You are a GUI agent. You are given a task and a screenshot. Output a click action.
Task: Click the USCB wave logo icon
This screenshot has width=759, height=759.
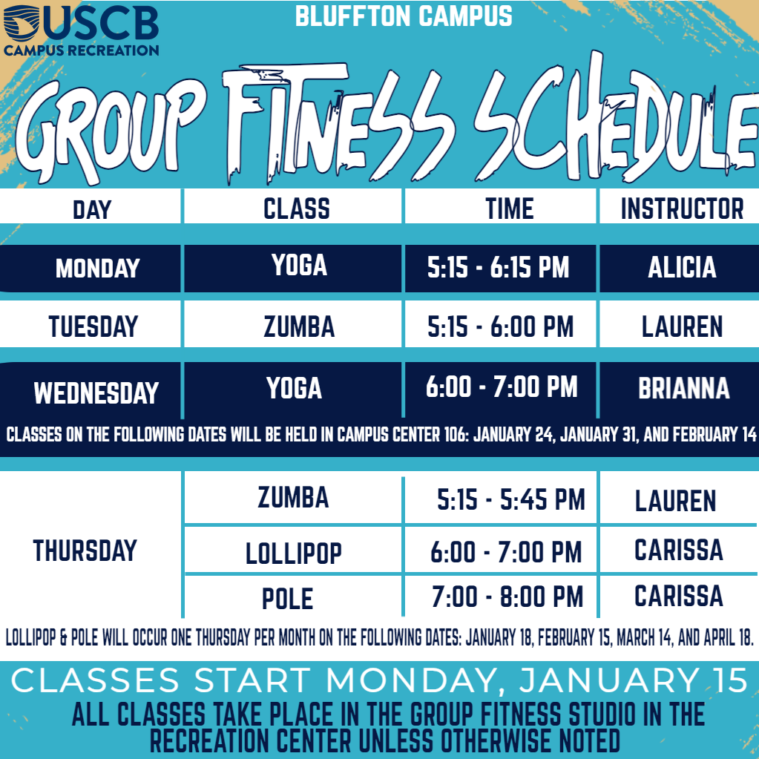pos(22,22)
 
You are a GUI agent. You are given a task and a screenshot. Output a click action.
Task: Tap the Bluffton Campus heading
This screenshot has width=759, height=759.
pos(404,16)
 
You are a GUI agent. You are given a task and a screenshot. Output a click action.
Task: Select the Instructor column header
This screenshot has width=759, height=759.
pos(682,208)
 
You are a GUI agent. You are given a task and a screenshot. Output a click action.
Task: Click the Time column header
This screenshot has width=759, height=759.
pos(509,208)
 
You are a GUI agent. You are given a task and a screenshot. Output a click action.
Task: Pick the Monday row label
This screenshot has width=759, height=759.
pos(97,268)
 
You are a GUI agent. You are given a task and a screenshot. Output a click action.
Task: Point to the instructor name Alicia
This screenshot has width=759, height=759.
pos(682,267)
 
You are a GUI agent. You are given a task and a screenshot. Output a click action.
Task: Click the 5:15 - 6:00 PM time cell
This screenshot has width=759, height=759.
pos(500,326)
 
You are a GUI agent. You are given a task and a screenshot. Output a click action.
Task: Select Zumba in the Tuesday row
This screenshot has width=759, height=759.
pos(299,326)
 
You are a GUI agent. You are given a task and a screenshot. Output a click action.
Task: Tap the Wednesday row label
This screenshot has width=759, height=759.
pos(96,392)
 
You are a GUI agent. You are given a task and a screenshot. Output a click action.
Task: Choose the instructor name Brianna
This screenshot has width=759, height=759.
pos(683,388)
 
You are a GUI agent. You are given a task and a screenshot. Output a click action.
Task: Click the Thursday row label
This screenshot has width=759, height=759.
pos(85,551)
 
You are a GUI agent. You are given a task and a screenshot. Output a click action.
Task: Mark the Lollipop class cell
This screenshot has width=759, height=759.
pos(293,553)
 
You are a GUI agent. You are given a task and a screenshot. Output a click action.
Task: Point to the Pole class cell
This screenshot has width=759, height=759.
pos(288,598)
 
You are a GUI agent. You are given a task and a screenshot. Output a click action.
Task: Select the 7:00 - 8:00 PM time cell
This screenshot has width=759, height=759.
pos(507,597)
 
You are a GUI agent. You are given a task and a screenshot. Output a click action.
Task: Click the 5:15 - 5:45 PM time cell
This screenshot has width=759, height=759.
pos(510,499)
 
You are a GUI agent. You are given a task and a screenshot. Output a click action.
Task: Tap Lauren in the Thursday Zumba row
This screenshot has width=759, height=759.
pos(675,501)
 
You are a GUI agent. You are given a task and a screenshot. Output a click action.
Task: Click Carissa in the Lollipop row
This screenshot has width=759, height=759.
pos(679,550)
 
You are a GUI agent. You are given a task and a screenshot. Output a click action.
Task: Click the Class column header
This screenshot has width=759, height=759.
pos(296,208)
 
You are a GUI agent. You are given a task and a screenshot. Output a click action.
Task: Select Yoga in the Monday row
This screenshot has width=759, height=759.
pos(299,266)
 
